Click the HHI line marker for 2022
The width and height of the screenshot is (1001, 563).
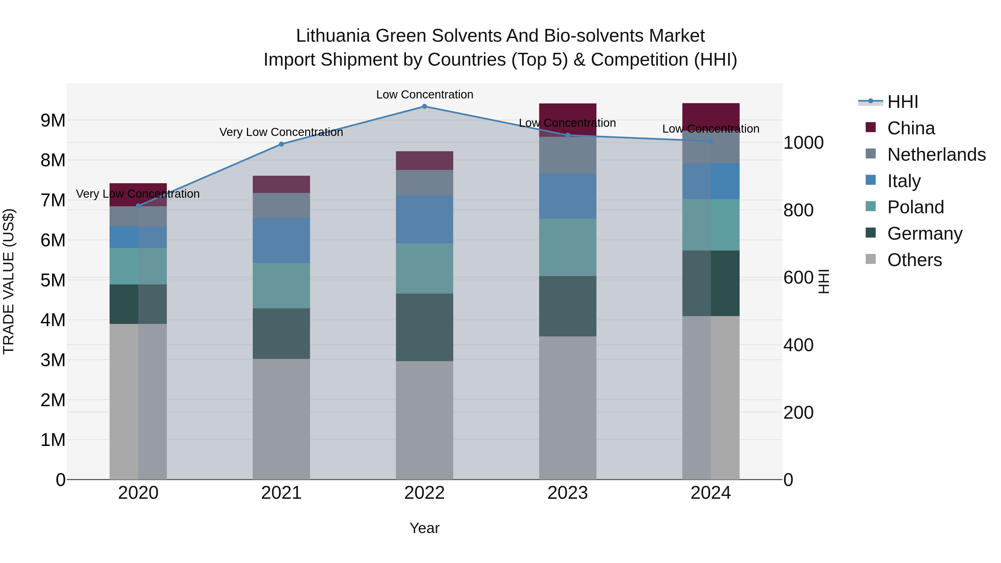[x=424, y=106]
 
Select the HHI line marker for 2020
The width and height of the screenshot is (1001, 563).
[x=138, y=206]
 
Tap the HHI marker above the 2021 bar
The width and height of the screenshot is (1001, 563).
[x=281, y=144]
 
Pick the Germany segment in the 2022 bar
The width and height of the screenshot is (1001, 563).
[x=424, y=327]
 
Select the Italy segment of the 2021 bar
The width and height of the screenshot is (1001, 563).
[x=281, y=240]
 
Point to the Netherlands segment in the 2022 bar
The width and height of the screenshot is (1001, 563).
[x=424, y=183]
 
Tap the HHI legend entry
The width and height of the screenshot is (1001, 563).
[x=902, y=102]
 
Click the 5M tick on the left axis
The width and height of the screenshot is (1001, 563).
[x=53, y=280]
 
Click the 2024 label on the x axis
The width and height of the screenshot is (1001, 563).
[x=710, y=493]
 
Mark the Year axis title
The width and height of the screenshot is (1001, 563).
[x=424, y=528]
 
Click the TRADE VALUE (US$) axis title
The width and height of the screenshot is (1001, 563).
[x=9, y=281]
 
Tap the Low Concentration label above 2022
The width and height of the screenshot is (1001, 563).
[x=424, y=95]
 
